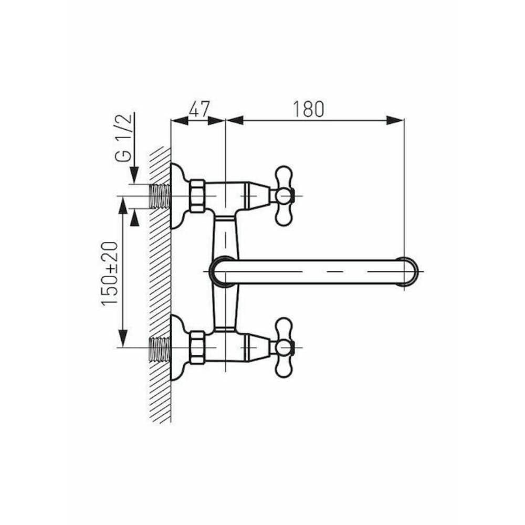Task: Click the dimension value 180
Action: tap(308, 109)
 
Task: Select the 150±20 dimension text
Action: tap(110, 273)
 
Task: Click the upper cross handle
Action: tap(284, 196)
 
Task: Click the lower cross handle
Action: tap(284, 347)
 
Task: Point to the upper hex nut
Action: tap(197, 196)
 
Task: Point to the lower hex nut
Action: tap(197, 347)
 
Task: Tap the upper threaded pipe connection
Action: tap(160, 196)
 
